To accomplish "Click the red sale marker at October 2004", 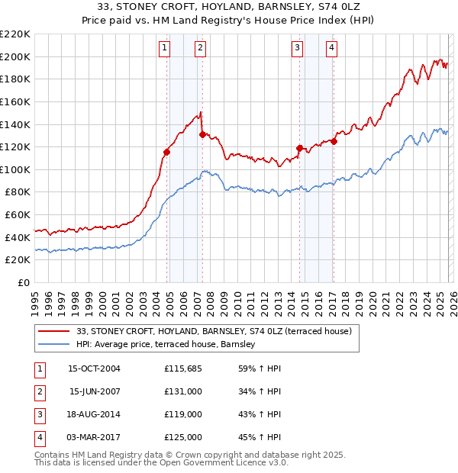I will pos(166,152).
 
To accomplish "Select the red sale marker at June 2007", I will pos(202,134).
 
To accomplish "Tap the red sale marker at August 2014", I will pos(299,148).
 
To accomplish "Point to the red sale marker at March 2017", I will pos(334,141).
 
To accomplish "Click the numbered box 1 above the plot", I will pos(165,48).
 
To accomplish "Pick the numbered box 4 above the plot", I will pos(332,48).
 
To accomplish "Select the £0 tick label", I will pos(23,282).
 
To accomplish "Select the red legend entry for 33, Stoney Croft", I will pos(213,331).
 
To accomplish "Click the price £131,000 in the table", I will pos(183,392).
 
